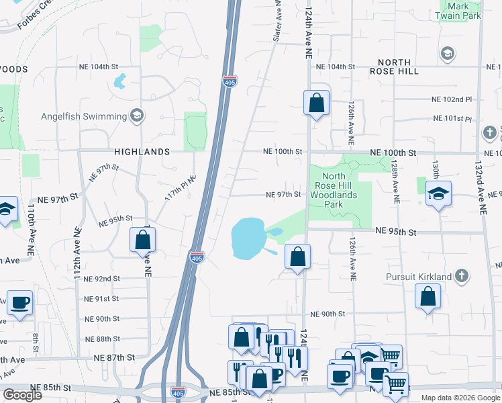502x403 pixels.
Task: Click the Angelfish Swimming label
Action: pos(83,116)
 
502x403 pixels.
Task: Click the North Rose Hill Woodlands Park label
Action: pos(334,189)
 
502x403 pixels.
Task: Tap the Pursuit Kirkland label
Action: pos(419,276)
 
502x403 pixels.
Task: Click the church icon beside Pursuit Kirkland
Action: pos(461,275)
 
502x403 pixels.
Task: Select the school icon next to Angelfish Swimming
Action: pos(138,116)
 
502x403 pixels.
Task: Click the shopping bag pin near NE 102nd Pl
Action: pos(316,103)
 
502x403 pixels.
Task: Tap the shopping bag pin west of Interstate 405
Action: pos(142,240)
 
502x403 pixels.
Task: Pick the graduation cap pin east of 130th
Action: pos(438,194)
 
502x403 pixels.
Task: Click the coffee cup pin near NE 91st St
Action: pos(19,303)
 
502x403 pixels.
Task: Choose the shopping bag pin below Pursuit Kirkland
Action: pos(428,297)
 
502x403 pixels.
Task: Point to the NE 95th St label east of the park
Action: pos(396,231)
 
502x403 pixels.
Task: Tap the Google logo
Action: pos(23,394)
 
